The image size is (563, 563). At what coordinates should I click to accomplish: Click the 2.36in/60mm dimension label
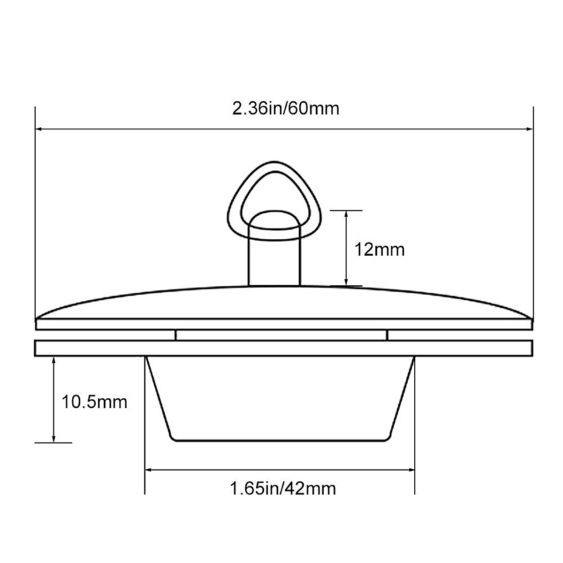[x=285, y=108]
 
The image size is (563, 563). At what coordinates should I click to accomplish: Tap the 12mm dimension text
[x=379, y=250]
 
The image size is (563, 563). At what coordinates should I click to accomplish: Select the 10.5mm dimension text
[x=95, y=402]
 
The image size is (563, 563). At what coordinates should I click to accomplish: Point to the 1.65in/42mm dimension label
[x=282, y=489]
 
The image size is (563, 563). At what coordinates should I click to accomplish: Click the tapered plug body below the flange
[x=281, y=399]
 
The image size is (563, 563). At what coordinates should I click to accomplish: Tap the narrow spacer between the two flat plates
[x=281, y=335]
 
